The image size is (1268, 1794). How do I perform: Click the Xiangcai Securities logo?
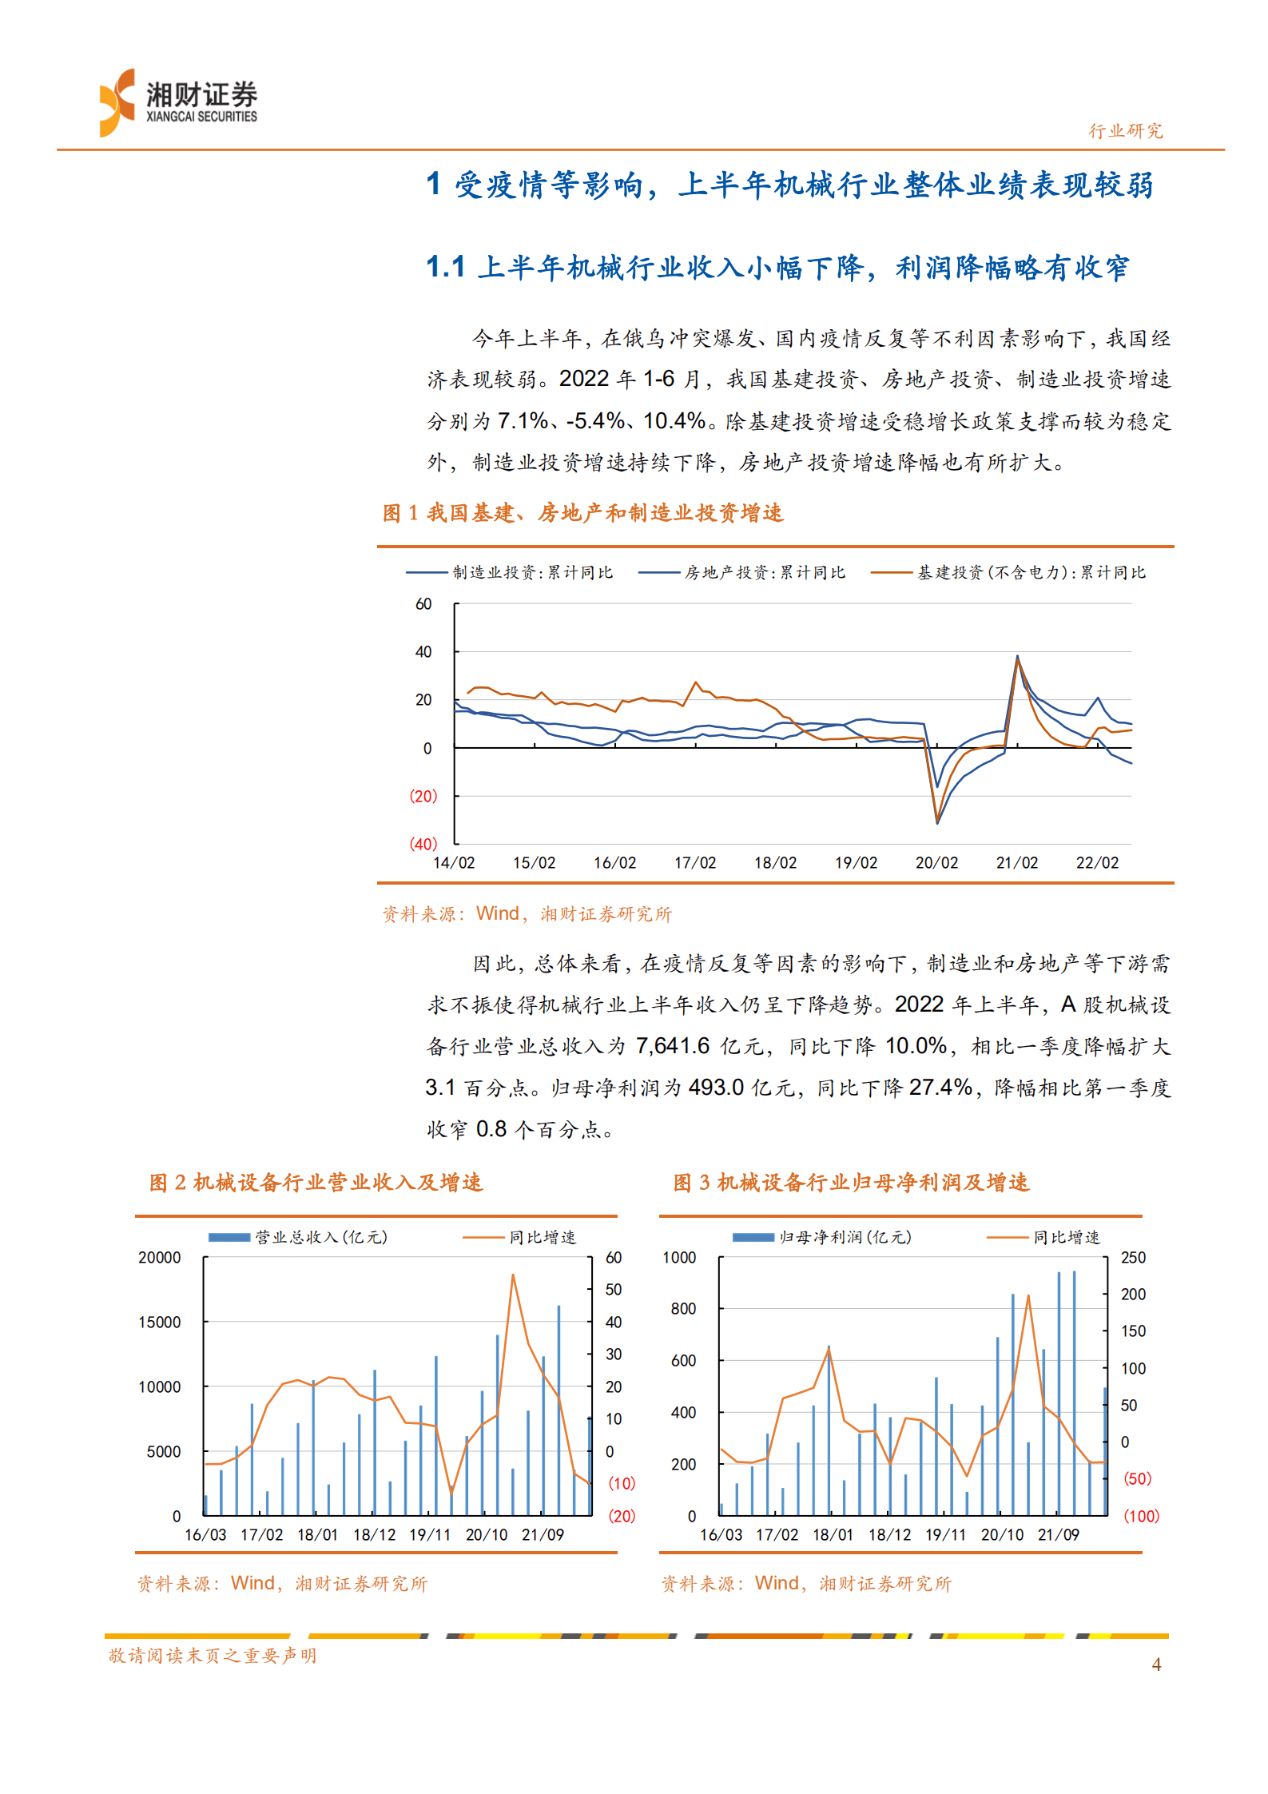click(177, 103)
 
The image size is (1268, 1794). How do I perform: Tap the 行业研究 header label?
click(1125, 131)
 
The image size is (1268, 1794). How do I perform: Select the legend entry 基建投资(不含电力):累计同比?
click(1030, 572)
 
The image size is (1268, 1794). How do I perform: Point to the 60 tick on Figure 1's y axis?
click(423, 604)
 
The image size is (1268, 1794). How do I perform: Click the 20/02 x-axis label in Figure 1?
click(936, 863)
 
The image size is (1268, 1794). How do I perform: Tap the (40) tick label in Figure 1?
click(423, 844)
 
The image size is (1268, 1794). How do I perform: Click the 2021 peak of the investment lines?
click(1017, 657)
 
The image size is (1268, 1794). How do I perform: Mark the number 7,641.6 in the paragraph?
click(672, 1046)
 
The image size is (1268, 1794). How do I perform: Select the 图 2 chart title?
click(316, 1183)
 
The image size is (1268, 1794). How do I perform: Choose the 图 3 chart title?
click(851, 1183)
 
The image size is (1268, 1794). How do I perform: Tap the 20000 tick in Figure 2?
click(160, 1258)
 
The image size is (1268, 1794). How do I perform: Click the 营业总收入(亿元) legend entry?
click(320, 1237)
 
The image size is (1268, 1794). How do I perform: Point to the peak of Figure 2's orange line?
click(513, 1275)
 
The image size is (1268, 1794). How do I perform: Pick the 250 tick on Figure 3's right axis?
click(1133, 1258)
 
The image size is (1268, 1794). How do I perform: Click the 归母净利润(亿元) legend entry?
click(845, 1237)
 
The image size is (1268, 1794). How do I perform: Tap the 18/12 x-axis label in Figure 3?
click(889, 1535)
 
